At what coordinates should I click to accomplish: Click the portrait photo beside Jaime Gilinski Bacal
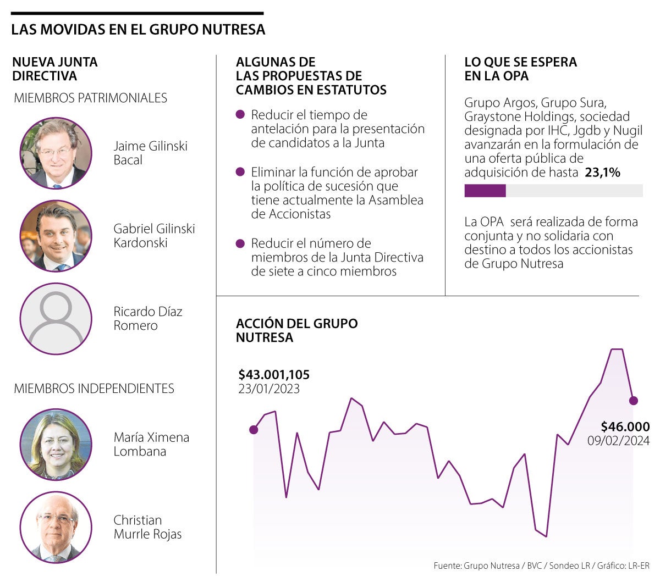tap(56, 153)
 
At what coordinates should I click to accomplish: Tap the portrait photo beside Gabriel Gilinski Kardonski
tap(56, 236)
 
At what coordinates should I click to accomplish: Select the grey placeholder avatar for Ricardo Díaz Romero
tap(56, 319)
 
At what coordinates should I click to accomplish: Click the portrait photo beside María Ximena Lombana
tap(56, 444)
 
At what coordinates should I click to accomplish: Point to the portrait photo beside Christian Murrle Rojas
tap(56, 527)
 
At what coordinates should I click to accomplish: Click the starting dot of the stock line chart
tap(254, 430)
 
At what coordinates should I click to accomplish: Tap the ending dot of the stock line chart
tap(633, 401)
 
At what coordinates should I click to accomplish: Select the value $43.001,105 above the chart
tap(274, 375)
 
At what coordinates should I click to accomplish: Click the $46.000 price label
tap(625, 426)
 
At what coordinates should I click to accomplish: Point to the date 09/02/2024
tap(618, 441)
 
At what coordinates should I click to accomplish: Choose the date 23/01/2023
tap(269, 389)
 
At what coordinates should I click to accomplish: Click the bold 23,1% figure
tap(602, 173)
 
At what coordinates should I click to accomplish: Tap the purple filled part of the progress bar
tap(485, 191)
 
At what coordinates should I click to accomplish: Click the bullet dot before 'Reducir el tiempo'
tap(240, 115)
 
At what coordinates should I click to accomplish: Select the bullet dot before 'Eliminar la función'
tap(240, 172)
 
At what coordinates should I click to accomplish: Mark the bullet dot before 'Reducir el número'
tap(240, 243)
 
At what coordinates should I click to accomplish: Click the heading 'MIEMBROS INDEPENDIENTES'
tap(94, 389)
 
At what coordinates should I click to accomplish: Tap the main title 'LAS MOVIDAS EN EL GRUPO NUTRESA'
tap(138, 30)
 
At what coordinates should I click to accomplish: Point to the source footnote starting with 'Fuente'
tap(541, 566)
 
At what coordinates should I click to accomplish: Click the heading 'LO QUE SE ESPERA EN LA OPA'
tap(520, 69)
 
